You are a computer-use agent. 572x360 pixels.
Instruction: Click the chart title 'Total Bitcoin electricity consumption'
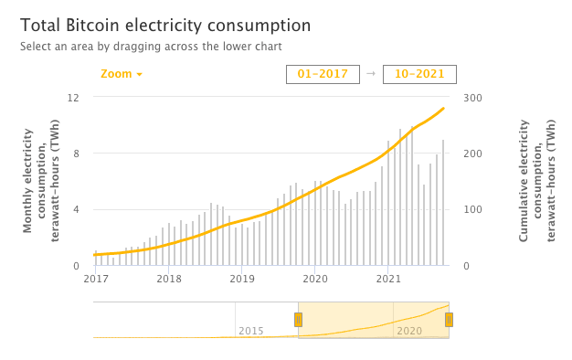pyautogui.click(x=164, y=26)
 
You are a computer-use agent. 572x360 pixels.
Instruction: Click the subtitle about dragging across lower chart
pyautogui.click(x=151, y=46)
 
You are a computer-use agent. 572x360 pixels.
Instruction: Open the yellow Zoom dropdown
pyautogui.click(x=122, y=74)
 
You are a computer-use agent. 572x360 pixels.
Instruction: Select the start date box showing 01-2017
pyautogui.click(x=323, y=74)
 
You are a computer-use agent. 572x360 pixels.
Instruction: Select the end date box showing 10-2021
pyautogui.click(x=419, y=74)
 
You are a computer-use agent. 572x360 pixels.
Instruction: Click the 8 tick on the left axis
pyautogui.click(x=78, y=154)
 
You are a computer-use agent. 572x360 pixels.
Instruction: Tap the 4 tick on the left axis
pyautogui.click(x=78, y=209)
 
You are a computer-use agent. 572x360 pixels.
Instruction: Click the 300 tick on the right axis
pyautogui.click(x=473, y=97)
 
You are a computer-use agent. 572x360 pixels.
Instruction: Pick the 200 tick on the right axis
pyautogui.click(x=473, y=154)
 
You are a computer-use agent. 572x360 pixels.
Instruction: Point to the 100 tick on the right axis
pyautogui.click(x=473, y=209)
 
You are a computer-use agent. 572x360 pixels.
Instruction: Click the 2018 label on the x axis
pyautogui.click(x=168, y=279)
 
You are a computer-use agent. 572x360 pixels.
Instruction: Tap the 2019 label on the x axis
pyautogui.click(x=241, y=279)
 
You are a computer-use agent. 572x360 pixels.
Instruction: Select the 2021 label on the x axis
pyautogui.click(x=388, y=279)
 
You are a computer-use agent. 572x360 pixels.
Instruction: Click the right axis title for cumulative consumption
pyautogui.click(x=537, y=181)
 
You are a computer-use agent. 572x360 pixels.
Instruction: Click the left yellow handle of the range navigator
pyautogui.click(x=298, y=319)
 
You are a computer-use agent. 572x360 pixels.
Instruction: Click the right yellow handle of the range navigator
pyautogui.click(x=449, y=319)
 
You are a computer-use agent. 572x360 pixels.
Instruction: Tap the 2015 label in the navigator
pyautogui.click(x=251, y=330)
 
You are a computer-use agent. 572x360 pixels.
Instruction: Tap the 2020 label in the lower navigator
pyautogui.click(x=409, y=330)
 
